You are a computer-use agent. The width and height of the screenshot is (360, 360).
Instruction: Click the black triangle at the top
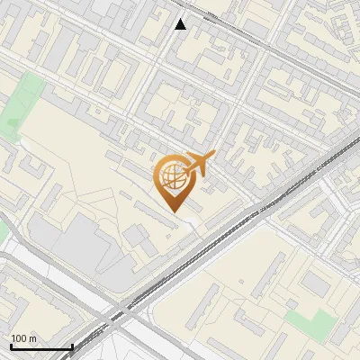pos(181,23)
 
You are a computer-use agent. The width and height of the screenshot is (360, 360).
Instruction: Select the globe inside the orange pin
pos(172,177)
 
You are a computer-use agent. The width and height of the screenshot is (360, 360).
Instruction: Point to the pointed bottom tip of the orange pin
pos(173,211)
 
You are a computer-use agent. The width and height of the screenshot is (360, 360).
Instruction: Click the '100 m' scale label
pos(23,338)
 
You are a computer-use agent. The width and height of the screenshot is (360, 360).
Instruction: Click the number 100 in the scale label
pos(19,338)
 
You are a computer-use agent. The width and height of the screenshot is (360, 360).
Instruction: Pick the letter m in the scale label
pos(32,338)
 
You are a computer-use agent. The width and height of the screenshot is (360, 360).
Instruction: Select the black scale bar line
pos(41,346)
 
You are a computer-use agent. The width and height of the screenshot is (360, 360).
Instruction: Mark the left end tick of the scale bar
pos(11,345)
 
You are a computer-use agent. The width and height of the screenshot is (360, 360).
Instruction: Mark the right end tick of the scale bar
pos(72,345)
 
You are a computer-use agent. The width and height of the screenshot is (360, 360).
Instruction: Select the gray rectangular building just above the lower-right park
pos(315,284)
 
